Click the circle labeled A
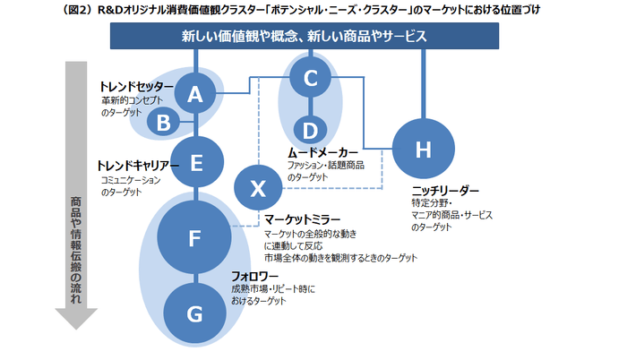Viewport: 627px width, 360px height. [x=196, y=94]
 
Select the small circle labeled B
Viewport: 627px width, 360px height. [x=163, y=124]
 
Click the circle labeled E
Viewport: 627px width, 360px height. [x=196, y=162]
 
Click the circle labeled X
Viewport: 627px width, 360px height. [x=258, y=188]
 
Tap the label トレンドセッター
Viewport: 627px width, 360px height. [x=136, y=86]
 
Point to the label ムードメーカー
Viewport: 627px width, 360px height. [x=322, y=152]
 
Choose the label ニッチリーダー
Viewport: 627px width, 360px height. [x=445, y=191]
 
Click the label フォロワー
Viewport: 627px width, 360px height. [x=255, y=276]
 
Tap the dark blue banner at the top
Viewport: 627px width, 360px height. [x=304, y=37]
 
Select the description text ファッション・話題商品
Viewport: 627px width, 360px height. [x=325, y=166]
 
